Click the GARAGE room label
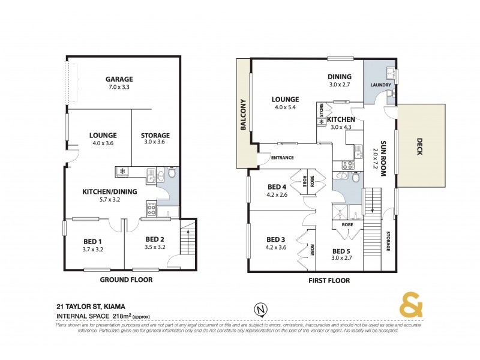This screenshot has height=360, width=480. [x=119, y=79]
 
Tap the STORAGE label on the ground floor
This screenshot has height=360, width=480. [x=155, y=136]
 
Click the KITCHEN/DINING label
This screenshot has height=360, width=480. [x=110, y=192]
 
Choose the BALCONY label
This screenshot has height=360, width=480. [x=244, y=114]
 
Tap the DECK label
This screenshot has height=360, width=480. [x=419, y=143]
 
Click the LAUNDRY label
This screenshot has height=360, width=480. [x=381, y=85]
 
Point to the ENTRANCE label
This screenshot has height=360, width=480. [x=282, y=158]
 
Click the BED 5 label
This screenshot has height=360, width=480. [x=341, y=251]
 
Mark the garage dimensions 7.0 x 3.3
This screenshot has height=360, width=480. [x=119, y=88]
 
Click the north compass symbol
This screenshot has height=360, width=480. [x=260, y=310]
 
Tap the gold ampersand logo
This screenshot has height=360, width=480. [x=411, y=305]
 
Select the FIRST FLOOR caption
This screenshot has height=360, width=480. [x=329, y=280]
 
